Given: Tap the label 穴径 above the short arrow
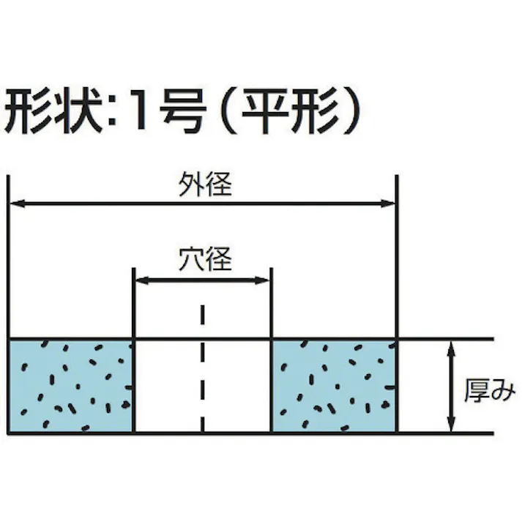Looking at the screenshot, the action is click(205, 258).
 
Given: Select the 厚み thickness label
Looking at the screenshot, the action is click(490, 390).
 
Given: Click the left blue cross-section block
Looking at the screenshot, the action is click(70, 387).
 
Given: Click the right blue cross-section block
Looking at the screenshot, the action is click(334, 387).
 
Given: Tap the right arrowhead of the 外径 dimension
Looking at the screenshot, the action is click(387, 204).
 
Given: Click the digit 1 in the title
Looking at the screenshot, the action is click(141, 110).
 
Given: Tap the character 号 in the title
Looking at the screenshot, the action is click(183, 111).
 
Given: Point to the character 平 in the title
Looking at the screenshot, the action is click(265, 111).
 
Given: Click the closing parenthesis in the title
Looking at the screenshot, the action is click(351, 111).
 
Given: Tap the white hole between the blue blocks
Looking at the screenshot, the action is click(203, 387).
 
